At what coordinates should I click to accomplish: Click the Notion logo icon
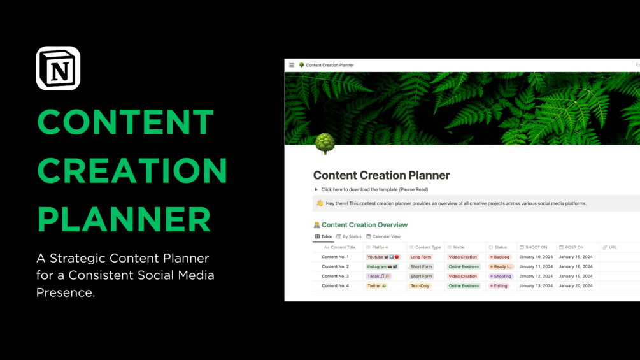[58, 68]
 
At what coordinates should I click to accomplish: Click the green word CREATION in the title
[132, 171]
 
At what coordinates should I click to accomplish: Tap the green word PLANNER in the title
[124, 219]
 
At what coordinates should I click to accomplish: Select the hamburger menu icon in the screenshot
[292, 65]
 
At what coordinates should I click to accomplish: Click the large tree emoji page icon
[325, 143]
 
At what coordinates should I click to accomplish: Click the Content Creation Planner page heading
[381, 175]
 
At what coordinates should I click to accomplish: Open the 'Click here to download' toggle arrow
[316, 189]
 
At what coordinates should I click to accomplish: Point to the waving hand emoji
[320, 203]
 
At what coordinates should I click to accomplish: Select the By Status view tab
[349, 236]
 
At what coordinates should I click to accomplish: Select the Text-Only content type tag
[420, 286]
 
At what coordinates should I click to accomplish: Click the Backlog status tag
[499, 257]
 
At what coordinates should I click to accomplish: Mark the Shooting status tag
[500, 277]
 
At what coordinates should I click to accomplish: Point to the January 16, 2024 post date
[575, 266]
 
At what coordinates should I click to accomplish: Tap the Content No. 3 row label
[335, 277]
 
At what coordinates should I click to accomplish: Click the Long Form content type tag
[421, 257]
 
